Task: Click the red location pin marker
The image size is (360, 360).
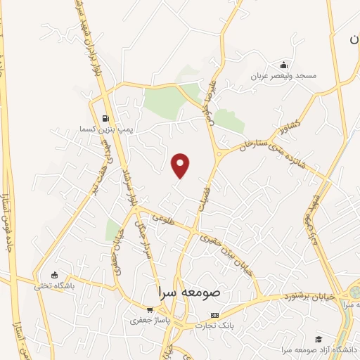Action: (181, 165)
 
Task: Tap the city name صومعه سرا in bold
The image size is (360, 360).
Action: (191, 291)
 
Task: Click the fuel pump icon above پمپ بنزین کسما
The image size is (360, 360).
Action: (105, 118)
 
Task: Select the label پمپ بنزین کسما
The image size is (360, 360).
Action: (105, 130)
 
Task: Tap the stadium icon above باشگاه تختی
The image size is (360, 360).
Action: (55, 275)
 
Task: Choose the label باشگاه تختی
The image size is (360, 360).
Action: (54, 286)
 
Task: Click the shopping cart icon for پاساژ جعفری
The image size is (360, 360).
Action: (149, 309)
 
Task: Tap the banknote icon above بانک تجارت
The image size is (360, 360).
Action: (214, 315)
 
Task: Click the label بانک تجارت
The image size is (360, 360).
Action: (214, 326)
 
